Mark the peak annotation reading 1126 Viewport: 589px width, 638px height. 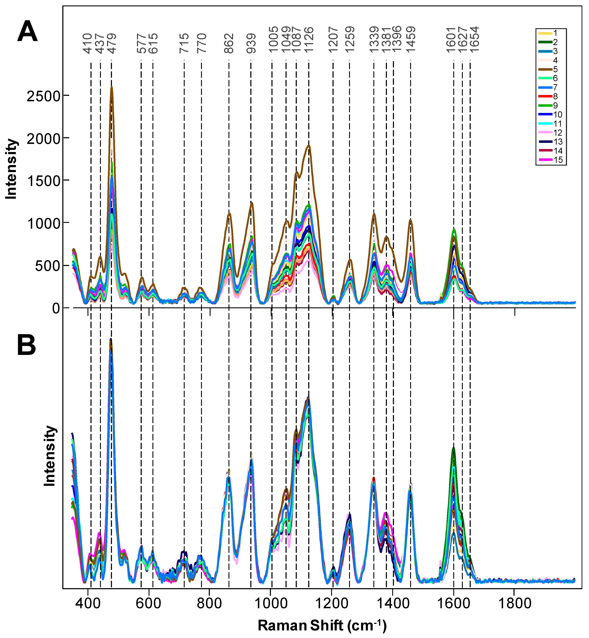point(309,40)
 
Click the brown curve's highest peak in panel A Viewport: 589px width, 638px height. point(112,88)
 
